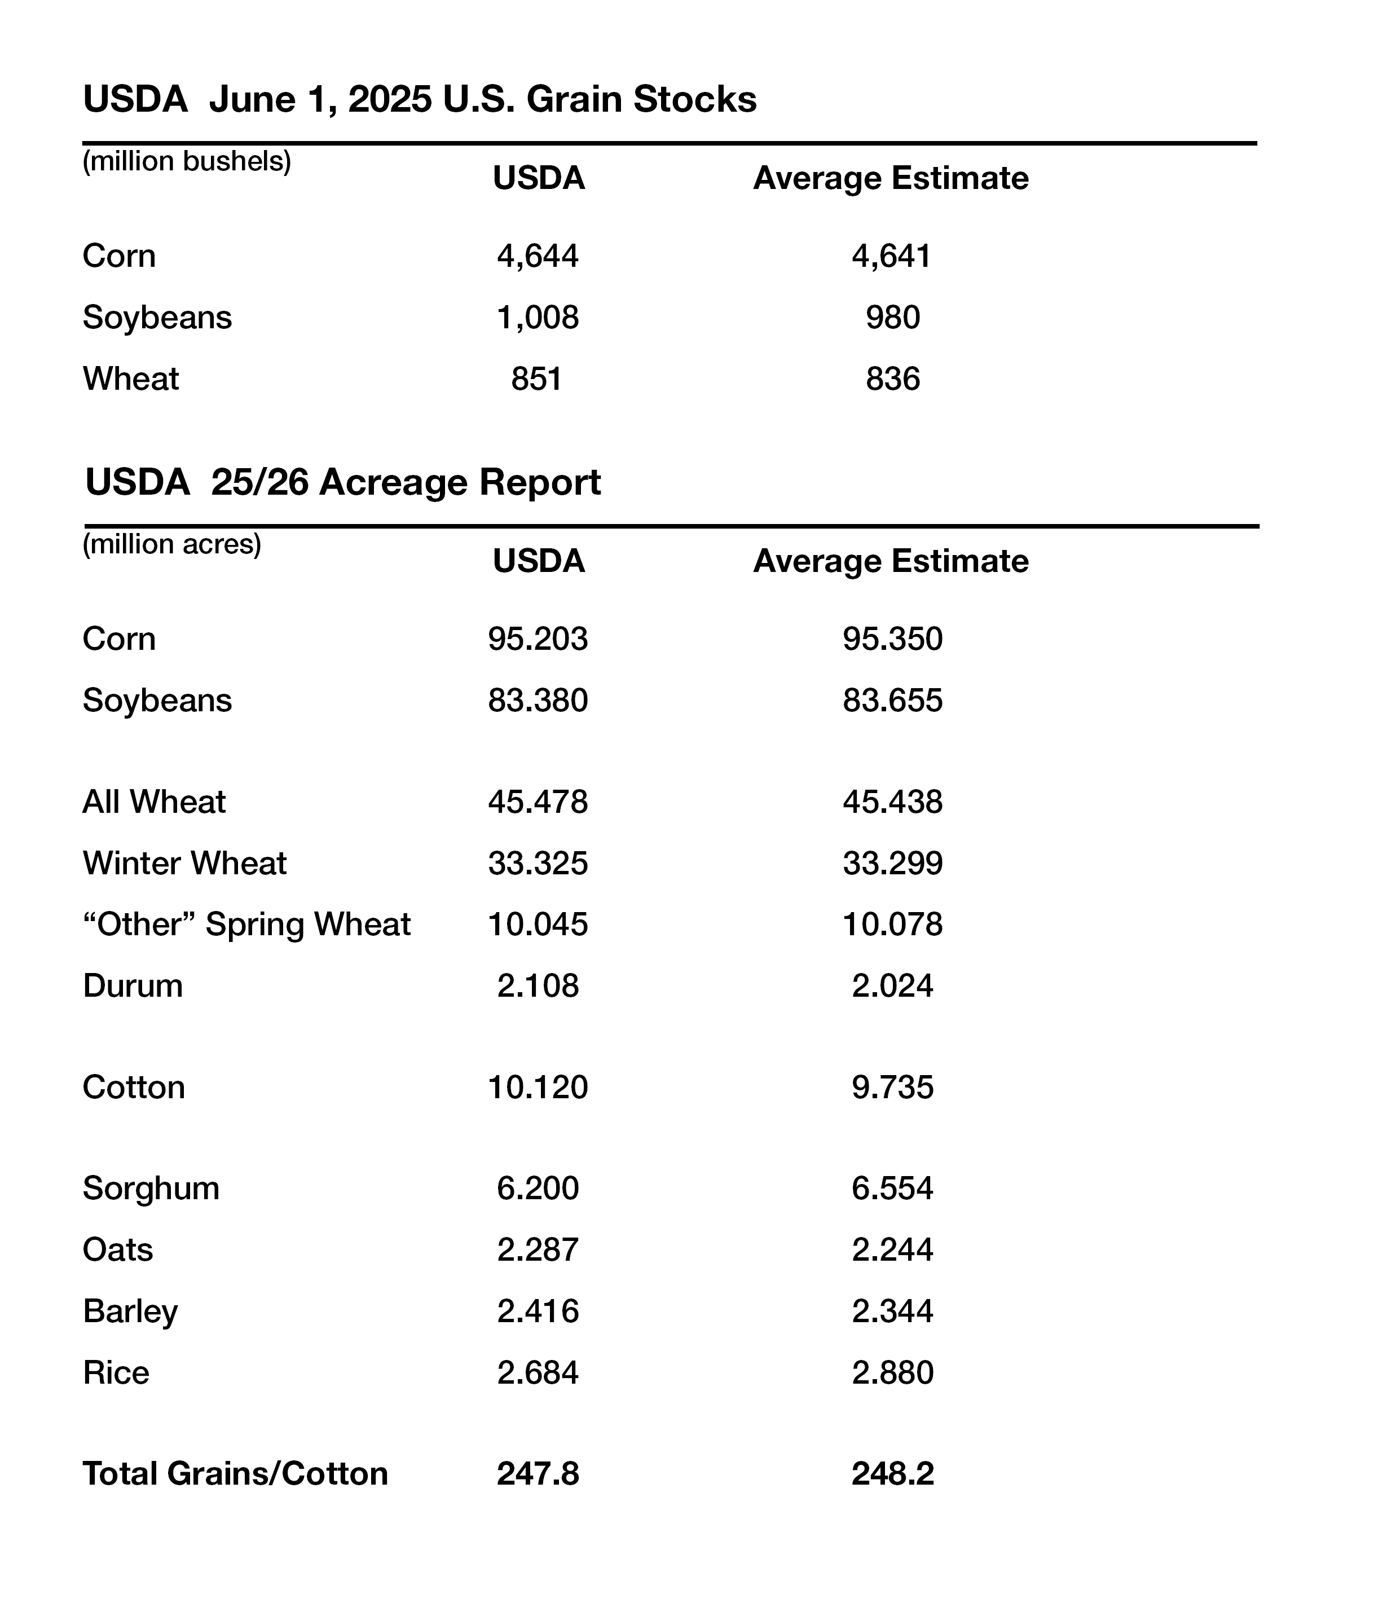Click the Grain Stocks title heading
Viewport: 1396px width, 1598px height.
[x=419, y=100]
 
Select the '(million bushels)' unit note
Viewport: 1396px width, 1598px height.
[x=187, y=161]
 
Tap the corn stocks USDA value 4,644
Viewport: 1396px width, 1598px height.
[x=538, y=256]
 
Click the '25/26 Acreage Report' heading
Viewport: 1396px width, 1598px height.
[x=343, y=482]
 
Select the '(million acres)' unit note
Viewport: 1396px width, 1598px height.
[x=171, y=544]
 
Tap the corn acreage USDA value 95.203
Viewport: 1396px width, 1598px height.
[x=538, y=639]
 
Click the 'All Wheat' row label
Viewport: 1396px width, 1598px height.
[x=153, y=802]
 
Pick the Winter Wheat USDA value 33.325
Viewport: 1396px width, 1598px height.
[x=538, y=863]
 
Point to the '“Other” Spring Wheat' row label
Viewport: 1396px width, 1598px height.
[x=246, y=925]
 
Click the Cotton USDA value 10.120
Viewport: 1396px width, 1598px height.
[x=538, y=1087]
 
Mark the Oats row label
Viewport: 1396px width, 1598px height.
[x=118, y=1250]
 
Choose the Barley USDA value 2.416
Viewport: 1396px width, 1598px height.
[x=538, y=1311]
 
